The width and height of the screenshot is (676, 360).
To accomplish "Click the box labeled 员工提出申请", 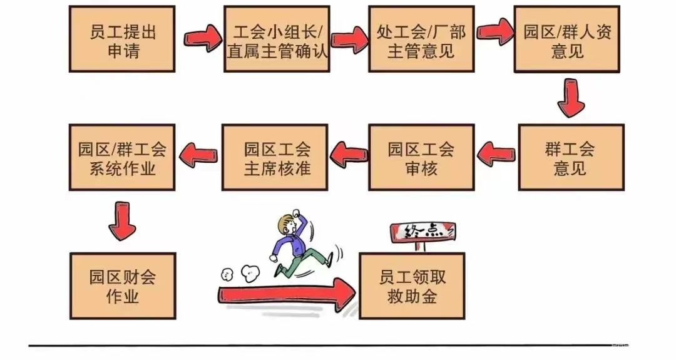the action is [122, 39].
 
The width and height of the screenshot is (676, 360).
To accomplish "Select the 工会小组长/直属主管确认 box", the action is [277, 39].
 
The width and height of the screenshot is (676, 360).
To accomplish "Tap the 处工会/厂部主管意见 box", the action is [421, 39].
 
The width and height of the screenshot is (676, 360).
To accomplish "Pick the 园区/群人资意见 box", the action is [567, 39].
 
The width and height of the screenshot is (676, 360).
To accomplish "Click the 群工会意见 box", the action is [571, 157].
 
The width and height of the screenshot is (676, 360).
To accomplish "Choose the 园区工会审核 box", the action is [421, 157].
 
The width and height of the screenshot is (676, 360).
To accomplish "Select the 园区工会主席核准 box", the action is [275, 157].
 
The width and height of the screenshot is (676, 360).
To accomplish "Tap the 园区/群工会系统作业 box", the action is [122, 157].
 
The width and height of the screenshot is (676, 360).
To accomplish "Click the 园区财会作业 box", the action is [123, 286].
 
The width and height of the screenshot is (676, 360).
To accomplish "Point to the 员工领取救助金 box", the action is [412, 286].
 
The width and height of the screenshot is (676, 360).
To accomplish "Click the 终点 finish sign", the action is [422, 232].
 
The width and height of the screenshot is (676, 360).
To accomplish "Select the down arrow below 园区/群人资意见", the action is [571, 98].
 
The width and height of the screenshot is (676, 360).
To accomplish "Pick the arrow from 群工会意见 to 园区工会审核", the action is [496, 153].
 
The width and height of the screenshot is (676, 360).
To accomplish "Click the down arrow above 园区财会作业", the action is [122, 221].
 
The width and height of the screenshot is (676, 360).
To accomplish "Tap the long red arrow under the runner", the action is [287, 294].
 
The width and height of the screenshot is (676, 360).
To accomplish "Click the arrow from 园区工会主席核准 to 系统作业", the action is [198, 153].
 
